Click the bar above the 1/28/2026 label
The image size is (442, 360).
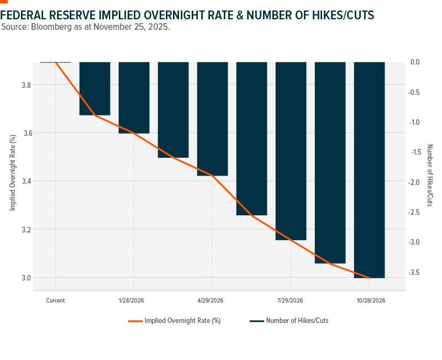coord(134,98)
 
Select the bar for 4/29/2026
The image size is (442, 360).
coord(213,119)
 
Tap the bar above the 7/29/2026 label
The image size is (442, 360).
coord(291,151)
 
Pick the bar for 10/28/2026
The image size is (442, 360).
coord(369,170)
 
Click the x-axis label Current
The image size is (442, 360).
coord(55,301)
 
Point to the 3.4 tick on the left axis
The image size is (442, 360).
coord(26,181)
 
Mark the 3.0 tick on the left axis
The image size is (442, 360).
coord(26,278)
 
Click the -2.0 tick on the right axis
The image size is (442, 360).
coord(417,182)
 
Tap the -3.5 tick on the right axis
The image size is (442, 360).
coord(417,272)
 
